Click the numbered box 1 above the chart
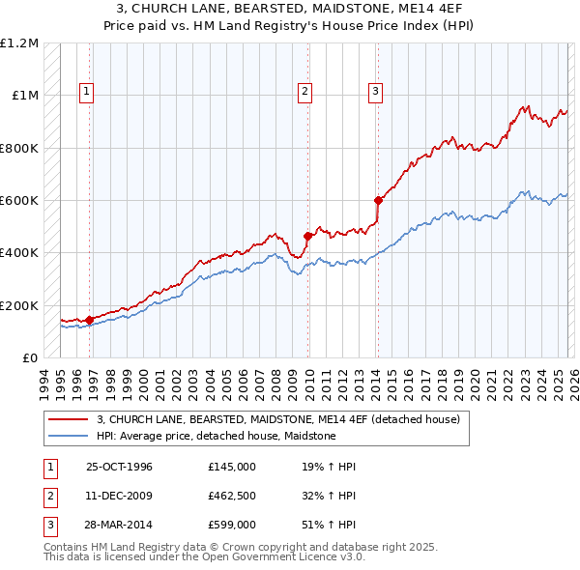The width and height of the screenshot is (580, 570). [86, 92]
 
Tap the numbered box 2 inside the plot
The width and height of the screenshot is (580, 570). [304, 92]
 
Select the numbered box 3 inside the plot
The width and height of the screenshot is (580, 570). [375, 92]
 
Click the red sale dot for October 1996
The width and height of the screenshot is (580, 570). [90, 320]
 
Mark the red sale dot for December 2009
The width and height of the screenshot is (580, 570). [308, 236]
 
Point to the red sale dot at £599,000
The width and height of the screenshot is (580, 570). [378, 201]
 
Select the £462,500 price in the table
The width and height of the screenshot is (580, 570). [232, 496]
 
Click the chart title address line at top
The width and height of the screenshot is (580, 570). [290, 9]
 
